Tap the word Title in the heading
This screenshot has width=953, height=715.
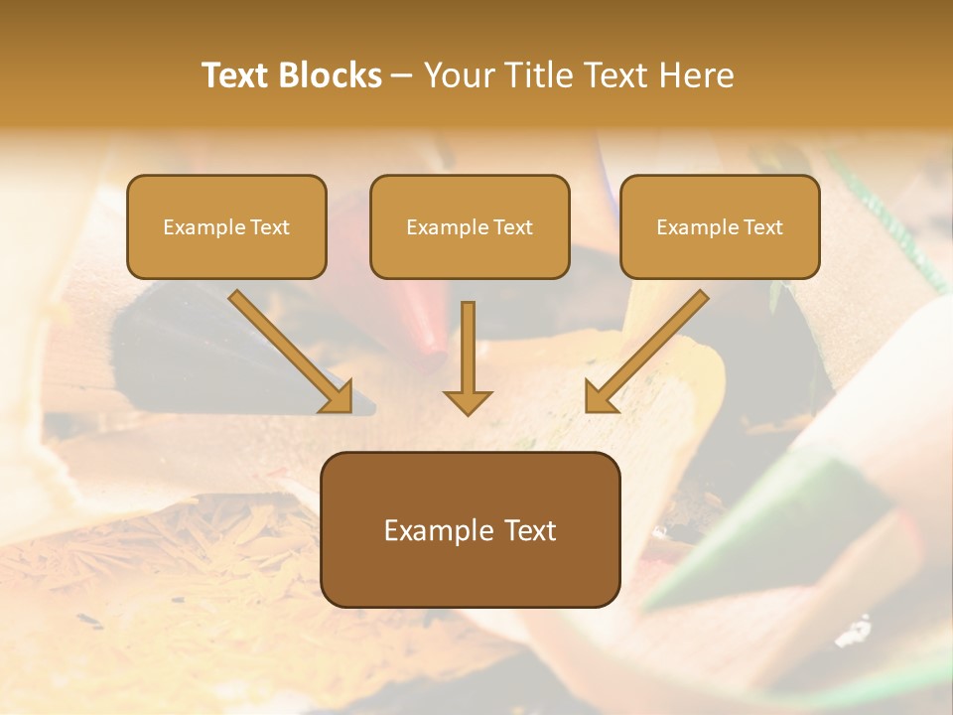535,75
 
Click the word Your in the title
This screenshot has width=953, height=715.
456,75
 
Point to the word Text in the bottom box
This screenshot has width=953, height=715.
529,531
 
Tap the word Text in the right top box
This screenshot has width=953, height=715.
762,227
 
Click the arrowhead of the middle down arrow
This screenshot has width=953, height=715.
468,402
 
